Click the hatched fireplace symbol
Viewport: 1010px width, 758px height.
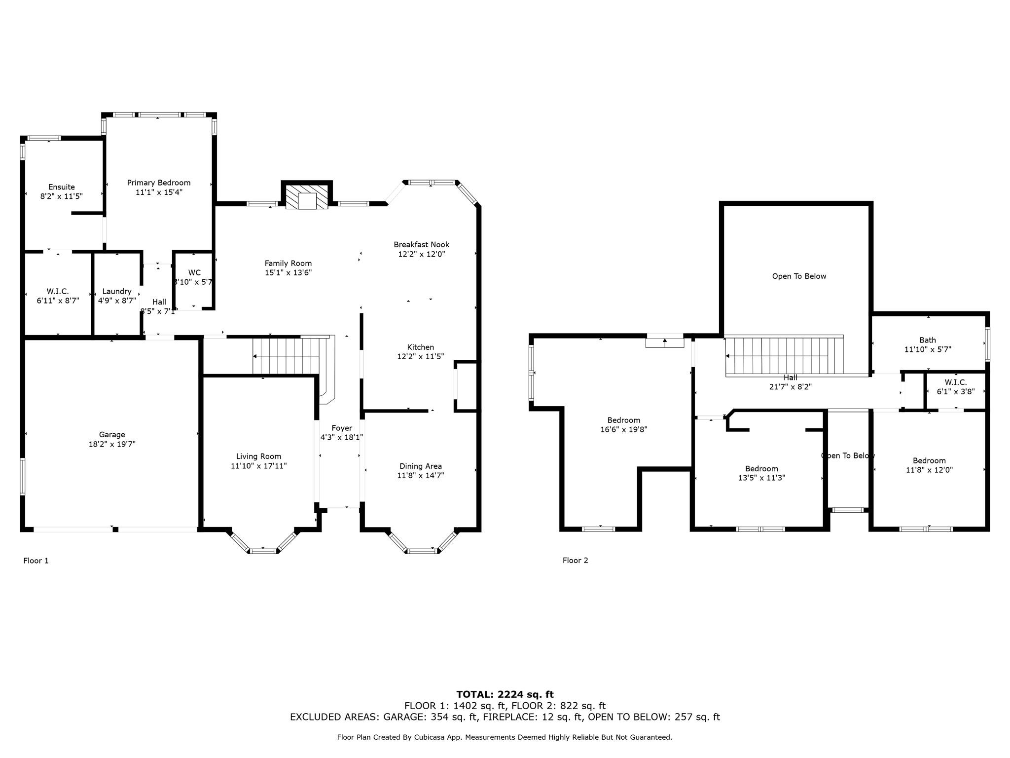point(307,196)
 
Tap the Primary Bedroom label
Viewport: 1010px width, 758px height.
point(159,183)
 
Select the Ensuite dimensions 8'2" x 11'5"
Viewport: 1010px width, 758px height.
point(62,196)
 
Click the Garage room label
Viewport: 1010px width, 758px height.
point(111,435)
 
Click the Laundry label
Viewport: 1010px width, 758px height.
point(117,291)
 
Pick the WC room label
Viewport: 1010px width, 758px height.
point(194,272)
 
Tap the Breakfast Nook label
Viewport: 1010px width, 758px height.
point(421,244)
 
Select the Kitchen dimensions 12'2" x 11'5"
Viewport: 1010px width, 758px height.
point(421,356)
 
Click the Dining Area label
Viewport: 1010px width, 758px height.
point(420,466)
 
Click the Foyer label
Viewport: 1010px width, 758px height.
point(341,428)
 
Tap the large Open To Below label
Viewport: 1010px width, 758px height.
point(799,276)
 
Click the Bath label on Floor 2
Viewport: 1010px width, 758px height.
point(927,340)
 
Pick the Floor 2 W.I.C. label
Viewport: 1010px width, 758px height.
point(955,382)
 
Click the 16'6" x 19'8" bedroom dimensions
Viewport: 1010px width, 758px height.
point(623,430)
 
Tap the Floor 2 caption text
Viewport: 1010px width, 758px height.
point(575,560)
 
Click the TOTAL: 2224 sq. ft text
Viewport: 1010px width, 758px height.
point(505,694)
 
